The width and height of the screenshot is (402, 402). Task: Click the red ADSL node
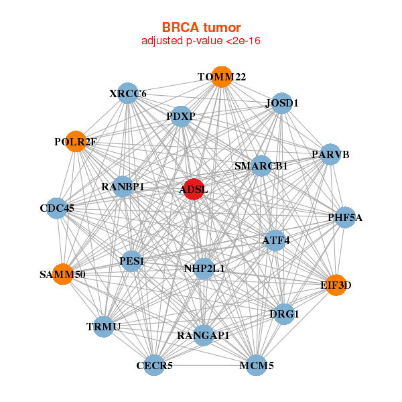(x=194, y=189)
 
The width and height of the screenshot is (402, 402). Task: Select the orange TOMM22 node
(x=222, y=77)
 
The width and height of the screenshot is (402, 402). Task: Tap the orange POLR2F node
(x=76, y=141)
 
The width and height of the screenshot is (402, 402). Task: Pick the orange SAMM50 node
(x=63, y=274)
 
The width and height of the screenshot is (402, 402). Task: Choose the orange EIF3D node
(x=336, y=285)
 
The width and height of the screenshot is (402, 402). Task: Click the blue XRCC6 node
(x=128, y=93)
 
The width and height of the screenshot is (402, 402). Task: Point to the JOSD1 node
(x=282, y=103)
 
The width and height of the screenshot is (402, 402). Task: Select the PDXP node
(x=181, y=117)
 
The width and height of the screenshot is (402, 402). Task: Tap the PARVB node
(x=330, y=154)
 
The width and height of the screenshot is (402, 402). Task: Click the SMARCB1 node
(x=261, y=165)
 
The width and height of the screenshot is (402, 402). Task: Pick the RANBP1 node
(x=123, y=186)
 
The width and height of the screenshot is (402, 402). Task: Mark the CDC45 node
(x=57, y=208)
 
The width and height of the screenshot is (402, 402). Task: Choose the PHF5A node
(x=345, y=217)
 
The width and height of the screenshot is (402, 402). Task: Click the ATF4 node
(x=275, y=241)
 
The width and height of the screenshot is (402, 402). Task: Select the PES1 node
(x=132, y=261)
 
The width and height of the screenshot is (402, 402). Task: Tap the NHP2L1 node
(x=204, y=269)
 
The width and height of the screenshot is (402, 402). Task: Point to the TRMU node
(x=104, y=327)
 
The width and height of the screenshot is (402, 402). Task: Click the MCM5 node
(x=257, y=365)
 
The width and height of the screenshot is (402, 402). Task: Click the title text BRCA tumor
(x=201, y=27)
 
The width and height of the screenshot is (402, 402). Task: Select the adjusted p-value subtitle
(x=201, y=41)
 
